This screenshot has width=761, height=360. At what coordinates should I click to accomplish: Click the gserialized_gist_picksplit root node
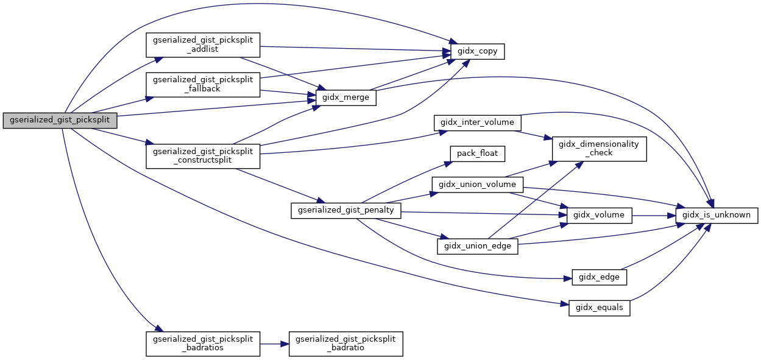[59, 120]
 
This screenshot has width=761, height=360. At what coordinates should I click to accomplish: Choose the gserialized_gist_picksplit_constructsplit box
[203, 156]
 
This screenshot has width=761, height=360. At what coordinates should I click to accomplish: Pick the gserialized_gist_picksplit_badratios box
[203, 344]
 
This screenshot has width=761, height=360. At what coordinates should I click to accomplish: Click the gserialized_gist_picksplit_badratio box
[345, 344]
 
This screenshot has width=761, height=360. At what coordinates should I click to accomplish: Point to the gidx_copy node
[477, 51]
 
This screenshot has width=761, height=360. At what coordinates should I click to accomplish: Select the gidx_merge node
[345, 97]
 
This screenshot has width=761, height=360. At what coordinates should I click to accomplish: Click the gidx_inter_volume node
[477, 122]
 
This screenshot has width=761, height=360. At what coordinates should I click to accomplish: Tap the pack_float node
[477, 153]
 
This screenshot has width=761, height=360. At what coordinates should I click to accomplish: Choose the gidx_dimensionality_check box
[599, 149]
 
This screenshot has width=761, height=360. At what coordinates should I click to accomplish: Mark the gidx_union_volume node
[477, 184]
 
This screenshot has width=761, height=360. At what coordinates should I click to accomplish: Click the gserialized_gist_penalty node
[345, 211]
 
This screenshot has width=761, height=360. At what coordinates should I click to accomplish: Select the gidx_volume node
[599, 214]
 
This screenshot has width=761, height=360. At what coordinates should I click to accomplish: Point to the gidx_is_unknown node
[717, 215]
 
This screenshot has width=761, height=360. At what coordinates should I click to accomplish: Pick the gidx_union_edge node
[477, 245]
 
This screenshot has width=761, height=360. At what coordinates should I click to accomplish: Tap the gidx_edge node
[599, 277]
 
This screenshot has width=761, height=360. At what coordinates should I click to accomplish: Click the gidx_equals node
[599, 308]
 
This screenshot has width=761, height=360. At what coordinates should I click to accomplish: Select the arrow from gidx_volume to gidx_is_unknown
[653, 215]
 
